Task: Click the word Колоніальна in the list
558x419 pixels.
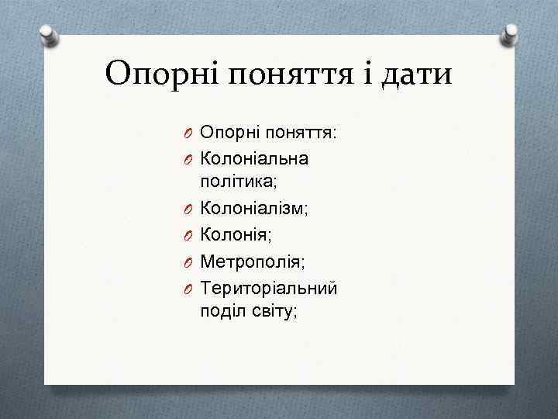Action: coord(254,158)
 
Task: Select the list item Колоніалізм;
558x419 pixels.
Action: coord(254,207)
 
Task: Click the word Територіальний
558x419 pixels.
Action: coord(268,288)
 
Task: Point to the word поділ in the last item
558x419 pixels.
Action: coord(219,310)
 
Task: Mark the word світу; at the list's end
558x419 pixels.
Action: coord(270,310)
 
